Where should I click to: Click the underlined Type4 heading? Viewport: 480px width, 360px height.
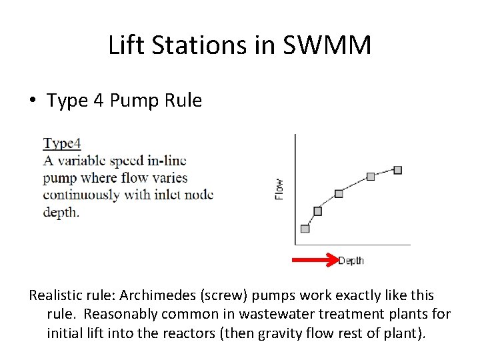point(62,143)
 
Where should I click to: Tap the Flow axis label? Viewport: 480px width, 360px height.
point(279,188)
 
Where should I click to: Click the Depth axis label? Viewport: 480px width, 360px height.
point(351,261)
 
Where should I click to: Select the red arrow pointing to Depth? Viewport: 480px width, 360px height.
point(317,260)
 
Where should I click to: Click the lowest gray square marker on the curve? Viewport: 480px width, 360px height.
point(305,229)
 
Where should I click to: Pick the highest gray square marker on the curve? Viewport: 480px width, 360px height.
point(398,170)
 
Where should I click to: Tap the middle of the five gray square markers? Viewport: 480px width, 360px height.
point(339,193)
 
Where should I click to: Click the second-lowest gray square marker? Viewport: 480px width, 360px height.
point(317,211)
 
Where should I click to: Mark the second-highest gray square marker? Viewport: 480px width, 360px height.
point(371,177)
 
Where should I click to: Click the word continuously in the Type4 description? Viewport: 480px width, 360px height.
point(80,195)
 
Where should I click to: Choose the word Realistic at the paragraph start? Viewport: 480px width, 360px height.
point(56,295)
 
